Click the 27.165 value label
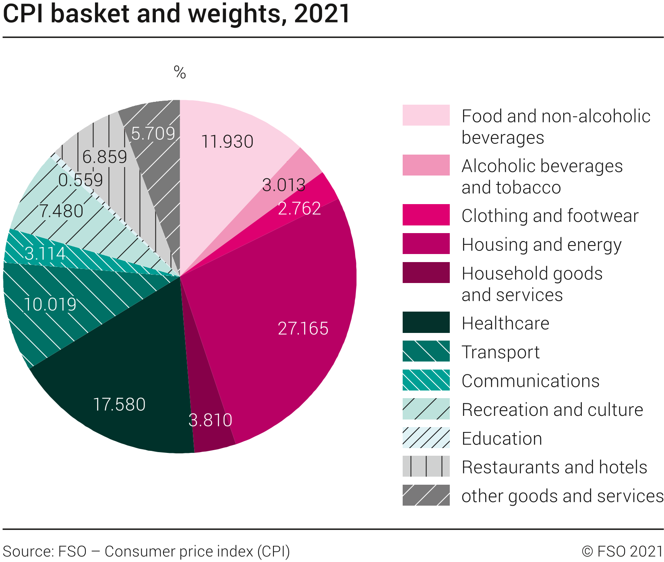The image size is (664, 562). [303, 329]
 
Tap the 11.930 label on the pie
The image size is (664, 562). [227, 142]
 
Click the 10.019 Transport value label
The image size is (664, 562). [50, 304]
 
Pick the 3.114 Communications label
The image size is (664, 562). [45, 254]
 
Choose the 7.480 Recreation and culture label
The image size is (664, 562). [61, 211]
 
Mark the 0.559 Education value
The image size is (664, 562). [81, 180]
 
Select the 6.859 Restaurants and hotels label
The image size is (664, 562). [105, 157]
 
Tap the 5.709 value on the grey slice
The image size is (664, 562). [153, 134]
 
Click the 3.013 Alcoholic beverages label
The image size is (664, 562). [283, 185]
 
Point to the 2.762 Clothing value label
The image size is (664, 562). [299, 209]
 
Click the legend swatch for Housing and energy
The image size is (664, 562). [426, 244]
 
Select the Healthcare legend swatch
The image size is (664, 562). [426, 322]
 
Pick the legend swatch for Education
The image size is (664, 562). [426, 438]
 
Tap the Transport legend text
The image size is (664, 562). [501, 352]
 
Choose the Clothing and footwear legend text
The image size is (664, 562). [550, 216]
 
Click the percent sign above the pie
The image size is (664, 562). [180, 72]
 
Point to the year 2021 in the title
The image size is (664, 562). [322, 14]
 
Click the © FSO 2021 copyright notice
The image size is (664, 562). [622, 551]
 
